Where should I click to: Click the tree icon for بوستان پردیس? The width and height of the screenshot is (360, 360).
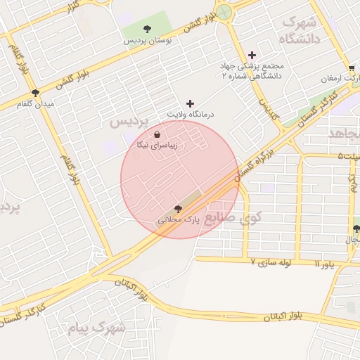(x=147, y=29)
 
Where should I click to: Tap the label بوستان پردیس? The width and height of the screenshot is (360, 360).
(x=148, y=41)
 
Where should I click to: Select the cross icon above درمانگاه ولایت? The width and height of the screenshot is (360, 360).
(x=190, y=103)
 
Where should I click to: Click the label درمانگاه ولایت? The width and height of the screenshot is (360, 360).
(x=190, y=113)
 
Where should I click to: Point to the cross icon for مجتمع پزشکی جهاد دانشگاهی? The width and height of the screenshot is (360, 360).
(x=252, y=55)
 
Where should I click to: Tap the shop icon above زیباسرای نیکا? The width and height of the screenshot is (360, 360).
(x=156, y=134)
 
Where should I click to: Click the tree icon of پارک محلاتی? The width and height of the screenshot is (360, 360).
(x=177, y=208)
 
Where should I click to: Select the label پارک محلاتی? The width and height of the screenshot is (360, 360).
(x=179, y=219)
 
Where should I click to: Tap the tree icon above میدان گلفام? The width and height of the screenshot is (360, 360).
(x=34, y=92)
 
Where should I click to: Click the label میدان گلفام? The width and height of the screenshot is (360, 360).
(x=34, y=103)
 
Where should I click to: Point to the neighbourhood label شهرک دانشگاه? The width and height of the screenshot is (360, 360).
(x=300, y=30)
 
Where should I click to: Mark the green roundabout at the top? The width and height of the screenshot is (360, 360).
(x=224, y=12)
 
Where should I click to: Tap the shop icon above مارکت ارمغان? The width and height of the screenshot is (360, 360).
(x=351, y=68)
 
